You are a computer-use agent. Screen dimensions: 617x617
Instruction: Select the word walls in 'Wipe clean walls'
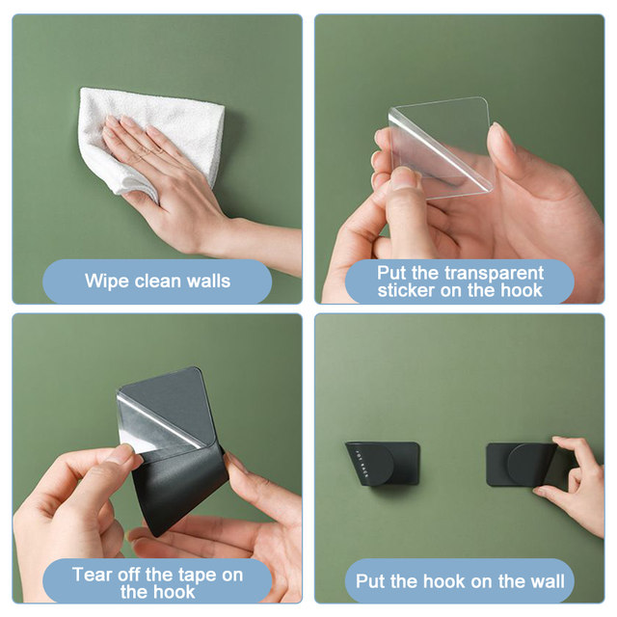pyautogui.click(x=208, y=281)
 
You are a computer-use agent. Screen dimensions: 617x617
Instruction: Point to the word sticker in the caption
pyautogui.click(x=406, y=290)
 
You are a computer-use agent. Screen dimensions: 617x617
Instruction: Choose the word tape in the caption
pyautogui.click(x=198, y=576)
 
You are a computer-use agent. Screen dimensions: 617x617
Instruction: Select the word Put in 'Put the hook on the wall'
pyautogui.click(x=370, y=581)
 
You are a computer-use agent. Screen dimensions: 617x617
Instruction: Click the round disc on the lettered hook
pyautogui.click(x=377, y=465)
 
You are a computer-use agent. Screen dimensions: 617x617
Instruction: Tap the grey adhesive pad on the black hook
pyautogui.click(x=166, y=409)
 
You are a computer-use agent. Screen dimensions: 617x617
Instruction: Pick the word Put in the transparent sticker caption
pyautogui.click(x=391, y=274)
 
